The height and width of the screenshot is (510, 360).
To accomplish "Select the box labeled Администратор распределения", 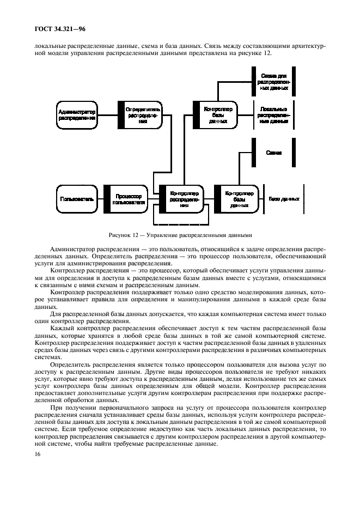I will [77, 115].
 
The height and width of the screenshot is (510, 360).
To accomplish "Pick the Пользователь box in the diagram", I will [77, 199].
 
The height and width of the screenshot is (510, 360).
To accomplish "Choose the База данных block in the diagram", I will [284, 199].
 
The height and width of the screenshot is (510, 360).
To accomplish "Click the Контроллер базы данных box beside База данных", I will [235, 199].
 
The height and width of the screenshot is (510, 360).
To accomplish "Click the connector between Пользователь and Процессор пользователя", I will [104, 199].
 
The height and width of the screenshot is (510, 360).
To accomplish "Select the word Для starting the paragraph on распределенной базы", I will [55, 314].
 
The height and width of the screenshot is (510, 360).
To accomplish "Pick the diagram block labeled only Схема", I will [273, 153].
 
